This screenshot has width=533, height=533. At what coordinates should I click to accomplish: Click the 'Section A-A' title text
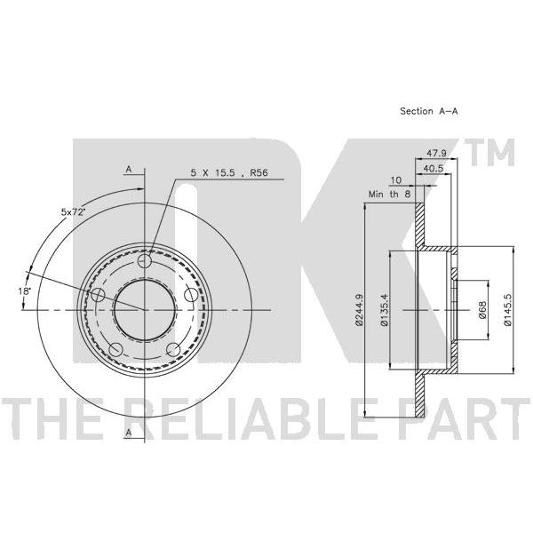tap(429, 111)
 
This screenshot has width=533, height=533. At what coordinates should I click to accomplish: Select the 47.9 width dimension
tap(437, 153)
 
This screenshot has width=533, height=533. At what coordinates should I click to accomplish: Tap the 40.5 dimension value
tap(434, 168)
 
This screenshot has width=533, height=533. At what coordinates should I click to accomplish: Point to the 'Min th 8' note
tap(390, 194)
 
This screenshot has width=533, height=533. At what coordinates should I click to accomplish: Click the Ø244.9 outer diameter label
tap(359, 310)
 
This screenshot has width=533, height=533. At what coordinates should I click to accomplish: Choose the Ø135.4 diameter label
tap(385, 310)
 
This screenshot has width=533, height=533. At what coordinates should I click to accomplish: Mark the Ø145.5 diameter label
tap(507, 310)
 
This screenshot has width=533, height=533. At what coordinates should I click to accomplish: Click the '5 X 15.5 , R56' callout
tap(229, 172)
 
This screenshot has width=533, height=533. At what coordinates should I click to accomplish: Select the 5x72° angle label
tap(73, 212)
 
